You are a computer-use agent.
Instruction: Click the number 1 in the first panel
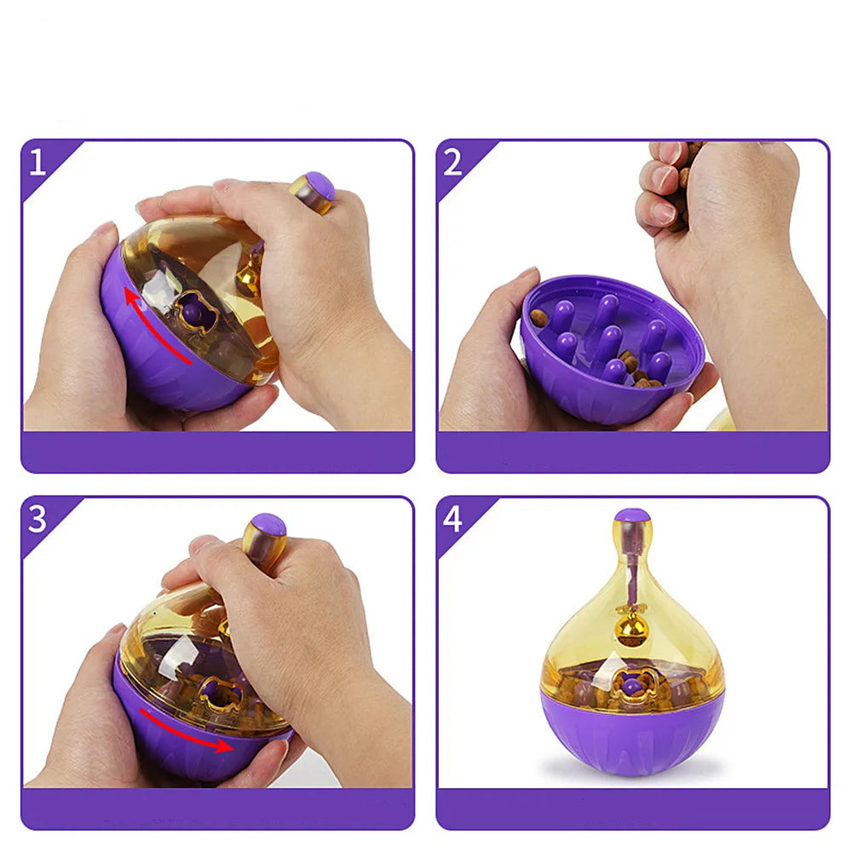[37, 162]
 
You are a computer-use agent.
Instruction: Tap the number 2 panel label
[452, 162]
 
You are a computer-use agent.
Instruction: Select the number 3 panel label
[37, 519]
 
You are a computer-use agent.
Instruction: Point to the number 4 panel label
[452, 519]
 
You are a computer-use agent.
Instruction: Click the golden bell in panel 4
[629, 630]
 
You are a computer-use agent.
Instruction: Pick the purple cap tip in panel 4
[632, 515]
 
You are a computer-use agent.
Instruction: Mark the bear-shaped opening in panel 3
[220, 694]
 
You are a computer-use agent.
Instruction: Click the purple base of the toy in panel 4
[632, 731]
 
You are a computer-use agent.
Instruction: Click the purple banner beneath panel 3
[217, 809]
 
